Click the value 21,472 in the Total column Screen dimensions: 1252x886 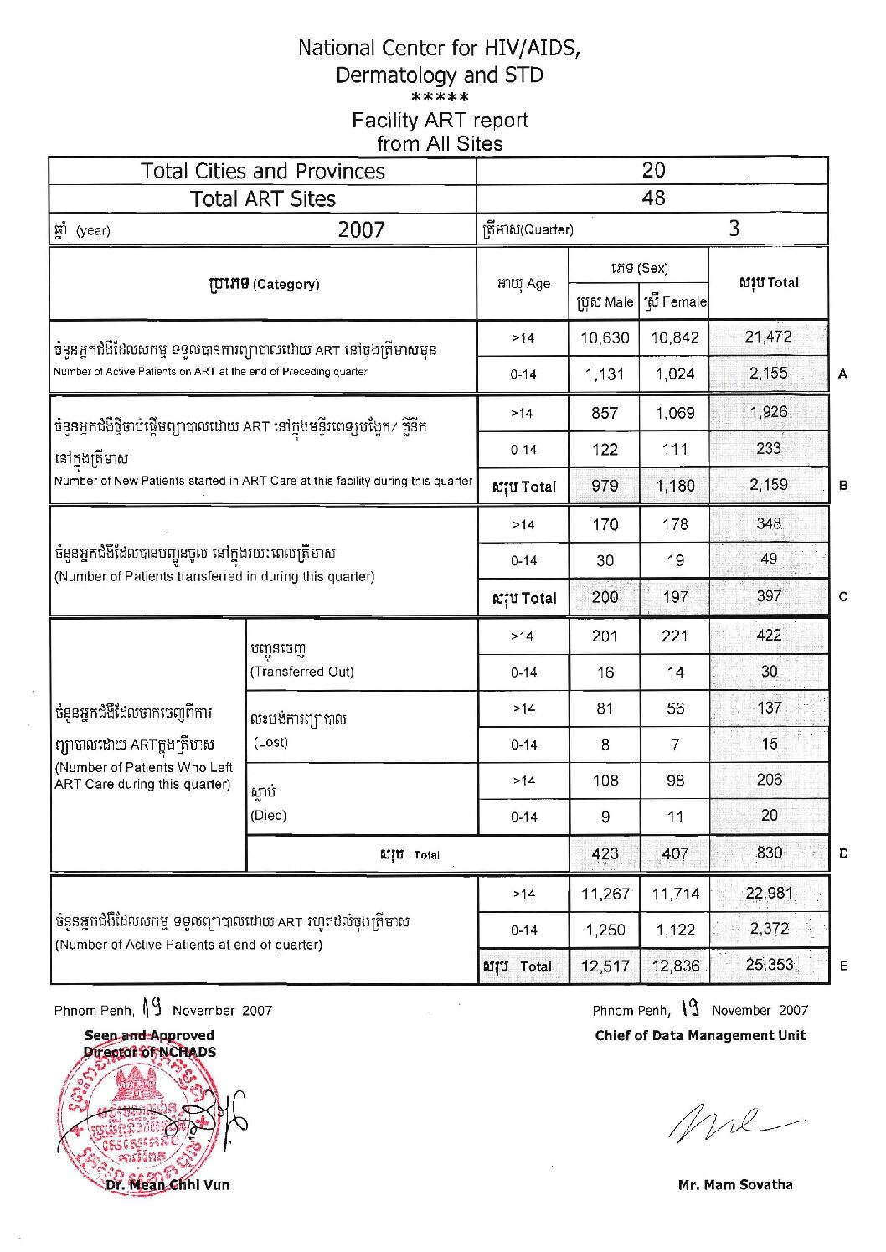[768, 337]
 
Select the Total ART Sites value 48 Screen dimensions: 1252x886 [652, 198]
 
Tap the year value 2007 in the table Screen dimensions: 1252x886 [361, 229]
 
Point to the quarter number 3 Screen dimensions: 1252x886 [734, 229]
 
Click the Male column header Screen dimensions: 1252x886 [605, 301]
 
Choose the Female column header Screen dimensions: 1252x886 [675, 301]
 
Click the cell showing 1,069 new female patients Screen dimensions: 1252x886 [675, 413]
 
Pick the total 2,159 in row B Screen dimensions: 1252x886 [768, 485]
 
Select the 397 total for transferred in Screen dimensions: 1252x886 [768, 596]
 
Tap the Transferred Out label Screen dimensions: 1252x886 [301, 672]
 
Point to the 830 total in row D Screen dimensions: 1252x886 [769, 853]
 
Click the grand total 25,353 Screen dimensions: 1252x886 [769, 965]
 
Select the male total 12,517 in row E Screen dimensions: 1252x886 [605, 966]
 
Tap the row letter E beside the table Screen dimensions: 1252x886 [843, 966]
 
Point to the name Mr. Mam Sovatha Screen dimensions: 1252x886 [734, 1184]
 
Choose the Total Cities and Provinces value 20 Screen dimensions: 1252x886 [652, 171]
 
